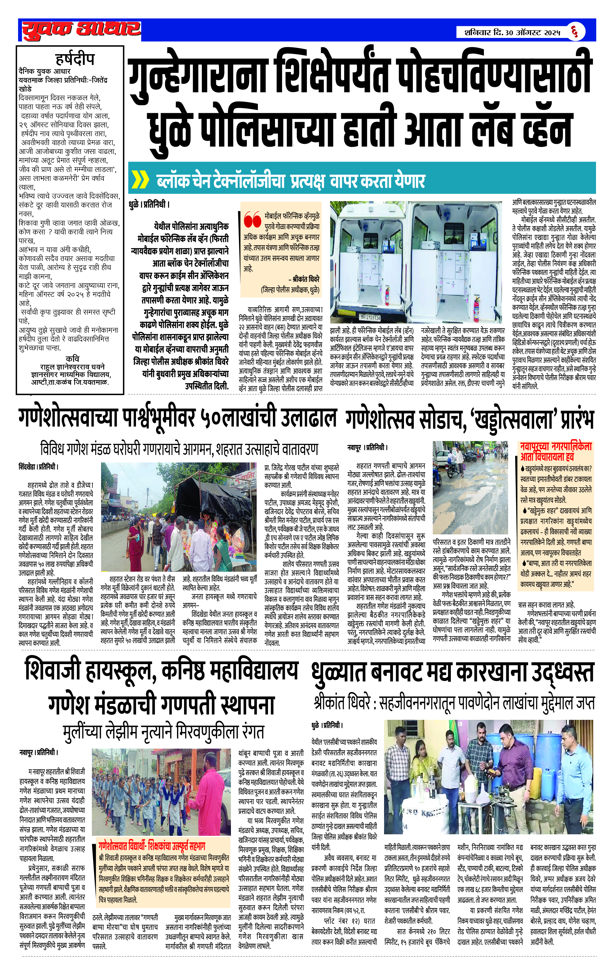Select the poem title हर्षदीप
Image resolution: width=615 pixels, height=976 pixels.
(x=75, y=59)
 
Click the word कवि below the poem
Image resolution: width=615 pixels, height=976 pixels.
(x=72, y=358)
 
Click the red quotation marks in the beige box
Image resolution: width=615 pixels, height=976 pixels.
(x=252, y=220)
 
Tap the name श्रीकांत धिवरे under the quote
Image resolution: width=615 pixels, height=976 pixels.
(x=306, y=279)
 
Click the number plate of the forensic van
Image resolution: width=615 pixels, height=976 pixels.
(x=370, y=317)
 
